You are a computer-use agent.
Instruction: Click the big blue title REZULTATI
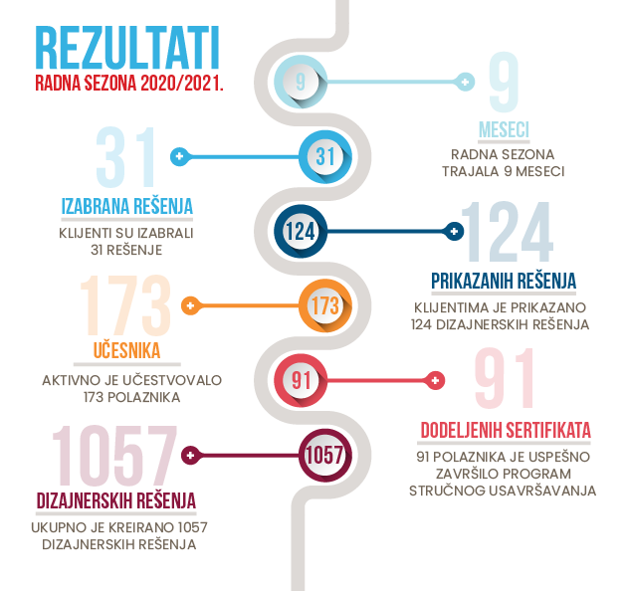[x=127, y=48]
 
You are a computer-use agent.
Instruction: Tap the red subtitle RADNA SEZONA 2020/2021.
[x=129, y=84]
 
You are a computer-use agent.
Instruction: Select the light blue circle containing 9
[x=301, y=82]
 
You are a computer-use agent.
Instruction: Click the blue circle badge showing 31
[x=325, y=156]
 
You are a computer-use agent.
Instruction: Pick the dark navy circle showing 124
[x=301, y=231]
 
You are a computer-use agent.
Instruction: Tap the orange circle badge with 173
[x=325, y=305]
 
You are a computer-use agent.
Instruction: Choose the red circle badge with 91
[x=301, y=380]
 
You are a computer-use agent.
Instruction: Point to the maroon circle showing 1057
[x=325, y=455]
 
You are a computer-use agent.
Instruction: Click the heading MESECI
[x=504, y=130]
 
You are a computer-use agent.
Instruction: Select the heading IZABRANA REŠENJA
[x=127, y=206]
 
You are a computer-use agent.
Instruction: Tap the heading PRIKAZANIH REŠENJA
[x=504, y=281]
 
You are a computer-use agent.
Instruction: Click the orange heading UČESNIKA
[x=126, y=350]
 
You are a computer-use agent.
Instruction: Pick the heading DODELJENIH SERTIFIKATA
[x=506, y=430]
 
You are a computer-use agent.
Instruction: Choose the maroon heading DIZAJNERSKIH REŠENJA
[x=116, y=500]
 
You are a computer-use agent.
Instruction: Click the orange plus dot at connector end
[x=191, y=305]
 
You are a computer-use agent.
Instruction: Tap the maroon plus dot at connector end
[x=191, y=455]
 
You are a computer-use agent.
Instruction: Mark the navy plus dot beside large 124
[x=454, y=231]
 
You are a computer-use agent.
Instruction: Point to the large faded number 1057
[x=114, y=455]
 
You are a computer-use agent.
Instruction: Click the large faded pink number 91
[x=505, y=378]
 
